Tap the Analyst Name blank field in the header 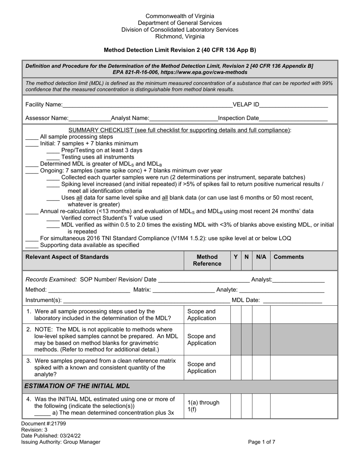coord(183,118)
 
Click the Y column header coord(236,257)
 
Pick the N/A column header coord(261,257)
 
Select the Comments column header coord(288,257)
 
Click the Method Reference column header coord(207,260)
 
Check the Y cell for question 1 coord(236,315)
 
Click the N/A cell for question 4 coord(261,406)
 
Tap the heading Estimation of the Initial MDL coord(77,386)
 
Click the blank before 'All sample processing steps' coord(32,137)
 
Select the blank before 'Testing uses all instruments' coord(53,157)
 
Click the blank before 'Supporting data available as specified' coord(32,246)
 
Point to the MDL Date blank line coord(292,300)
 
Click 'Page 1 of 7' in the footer coord(261,442)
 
